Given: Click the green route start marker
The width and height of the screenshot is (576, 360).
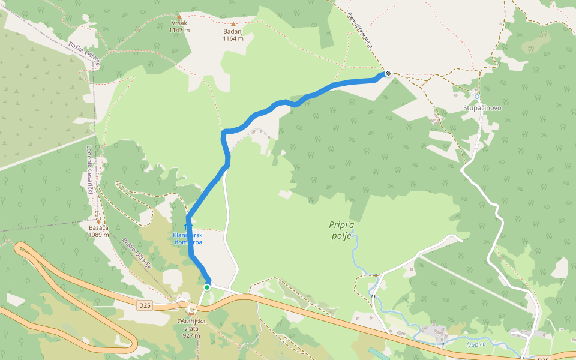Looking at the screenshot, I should click(x=206, y=287).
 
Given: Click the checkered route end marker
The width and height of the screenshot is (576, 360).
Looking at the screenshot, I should click(x=388, y=73).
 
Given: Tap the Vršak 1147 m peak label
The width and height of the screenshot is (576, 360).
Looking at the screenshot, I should click(x=179, y=26).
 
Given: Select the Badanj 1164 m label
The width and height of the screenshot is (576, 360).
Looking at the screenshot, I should click(x=233, y=35).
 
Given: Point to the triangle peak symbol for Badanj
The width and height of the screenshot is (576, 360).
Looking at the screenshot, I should click(x=233, y=23).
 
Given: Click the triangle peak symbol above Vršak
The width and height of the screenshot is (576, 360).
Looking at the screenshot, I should click(x=179, y=16).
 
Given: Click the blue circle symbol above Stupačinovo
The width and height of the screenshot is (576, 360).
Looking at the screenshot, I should click(x=477, y=96).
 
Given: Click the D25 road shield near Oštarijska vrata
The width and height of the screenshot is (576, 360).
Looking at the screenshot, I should click(x=145, y=305).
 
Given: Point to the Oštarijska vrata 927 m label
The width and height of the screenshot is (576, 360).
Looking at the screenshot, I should click(x=191, y=328).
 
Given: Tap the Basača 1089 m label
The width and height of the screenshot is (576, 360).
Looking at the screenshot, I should click(x=98, y=231).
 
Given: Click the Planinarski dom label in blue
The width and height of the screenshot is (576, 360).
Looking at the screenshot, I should click(x=188, y=239).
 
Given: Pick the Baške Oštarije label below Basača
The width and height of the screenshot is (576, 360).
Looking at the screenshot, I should click(x=136, y=253).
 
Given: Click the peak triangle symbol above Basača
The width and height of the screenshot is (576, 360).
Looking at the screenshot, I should click(x=98, y=221).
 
